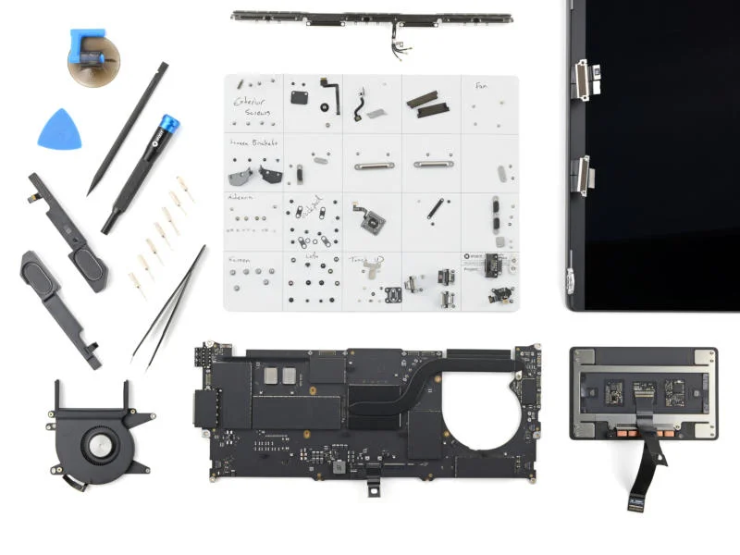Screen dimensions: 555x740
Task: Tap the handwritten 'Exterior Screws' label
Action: click(251, 106)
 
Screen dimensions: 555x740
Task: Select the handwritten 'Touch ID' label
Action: click(363, 260)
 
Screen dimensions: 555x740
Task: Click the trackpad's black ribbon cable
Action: click(647, 472)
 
